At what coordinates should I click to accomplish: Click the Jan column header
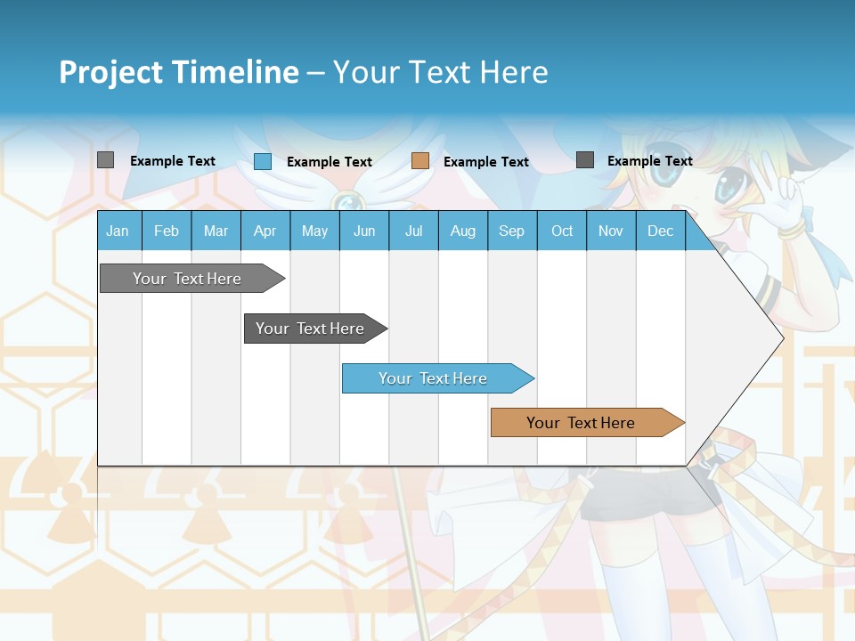pos(118,231)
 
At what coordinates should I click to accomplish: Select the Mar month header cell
pos(216,231)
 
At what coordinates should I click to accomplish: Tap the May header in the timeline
pos(314,231)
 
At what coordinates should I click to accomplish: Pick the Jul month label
pos(413,231)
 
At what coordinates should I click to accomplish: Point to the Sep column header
pos(511,231)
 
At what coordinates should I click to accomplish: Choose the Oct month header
pos(562,231)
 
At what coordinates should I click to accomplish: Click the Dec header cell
pos(660,231)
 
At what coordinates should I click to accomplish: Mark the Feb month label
pos(167,231)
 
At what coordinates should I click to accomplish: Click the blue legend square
pos(263,161)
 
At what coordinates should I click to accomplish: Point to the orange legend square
pos(420,161)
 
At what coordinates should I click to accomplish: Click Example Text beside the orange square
pos(486,162)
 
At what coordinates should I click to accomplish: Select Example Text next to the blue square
pos(330,162)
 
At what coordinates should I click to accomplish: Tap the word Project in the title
pos(111,72)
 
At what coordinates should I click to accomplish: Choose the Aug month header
pos(462,231)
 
